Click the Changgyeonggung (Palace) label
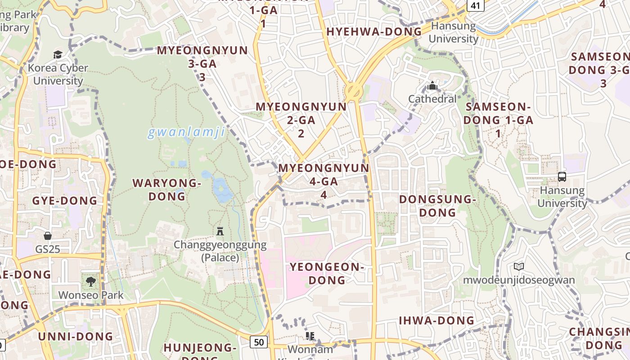pos(220,251)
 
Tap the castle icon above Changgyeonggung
pos(220,231)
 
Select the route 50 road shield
pos(259,342)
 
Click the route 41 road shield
pos(475,5)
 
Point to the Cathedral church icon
pos(432,85)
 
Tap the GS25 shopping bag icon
pos(48,236)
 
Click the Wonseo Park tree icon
pos(91,282)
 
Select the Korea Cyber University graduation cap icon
pos(58,54)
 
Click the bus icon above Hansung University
pos(562,177)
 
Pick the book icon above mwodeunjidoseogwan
pos(519,266)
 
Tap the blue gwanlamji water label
pos(186,133)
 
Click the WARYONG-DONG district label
pos(167,189)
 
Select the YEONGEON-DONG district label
pos(327,273)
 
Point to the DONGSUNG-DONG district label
pos(437,205)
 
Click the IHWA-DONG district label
pos(436,320)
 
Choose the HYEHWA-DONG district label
pos(374,31)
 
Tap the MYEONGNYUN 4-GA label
pos(324,181)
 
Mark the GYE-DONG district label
pos(65,201)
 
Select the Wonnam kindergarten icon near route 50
pos(310,336)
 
